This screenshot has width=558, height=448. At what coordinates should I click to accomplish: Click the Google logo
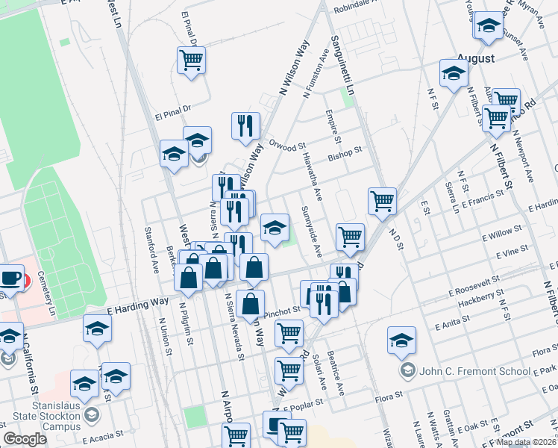click(25, 439)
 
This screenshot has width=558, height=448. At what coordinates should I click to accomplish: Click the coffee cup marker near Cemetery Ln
click(11, 279)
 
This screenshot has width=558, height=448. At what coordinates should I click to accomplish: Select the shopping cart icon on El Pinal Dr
click(192, 61)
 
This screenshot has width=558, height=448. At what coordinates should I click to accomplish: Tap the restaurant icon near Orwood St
click(245, 126)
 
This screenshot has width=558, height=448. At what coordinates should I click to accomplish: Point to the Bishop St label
click(345, 152)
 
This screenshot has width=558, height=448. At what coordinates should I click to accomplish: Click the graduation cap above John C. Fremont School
click(401, 340)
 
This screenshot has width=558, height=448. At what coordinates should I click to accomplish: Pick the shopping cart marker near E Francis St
click(382, 200)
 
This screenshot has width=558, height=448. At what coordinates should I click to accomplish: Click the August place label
click(476, 57)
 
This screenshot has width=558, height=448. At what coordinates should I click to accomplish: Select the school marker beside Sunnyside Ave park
click(275, 227)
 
